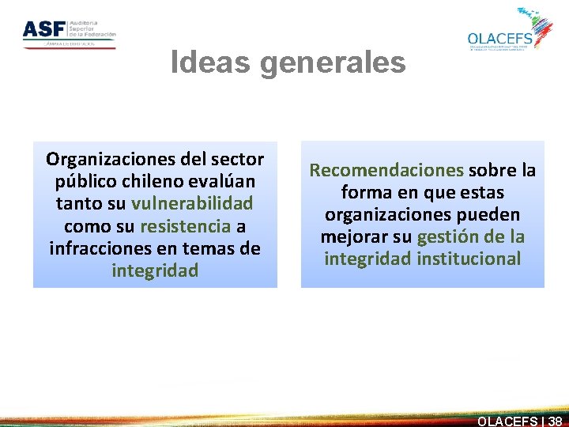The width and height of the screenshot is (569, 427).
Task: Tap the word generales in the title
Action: (332, 62)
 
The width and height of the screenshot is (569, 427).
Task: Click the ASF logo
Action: (69, 32)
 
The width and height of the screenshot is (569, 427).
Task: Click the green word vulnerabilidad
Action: (192, 203)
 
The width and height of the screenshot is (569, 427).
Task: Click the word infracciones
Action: (95, 249)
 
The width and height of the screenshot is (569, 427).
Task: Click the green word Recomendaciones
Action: (386, 170)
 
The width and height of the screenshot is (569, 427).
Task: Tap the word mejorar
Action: (352, 236)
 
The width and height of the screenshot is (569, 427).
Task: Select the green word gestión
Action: (449, 236)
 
